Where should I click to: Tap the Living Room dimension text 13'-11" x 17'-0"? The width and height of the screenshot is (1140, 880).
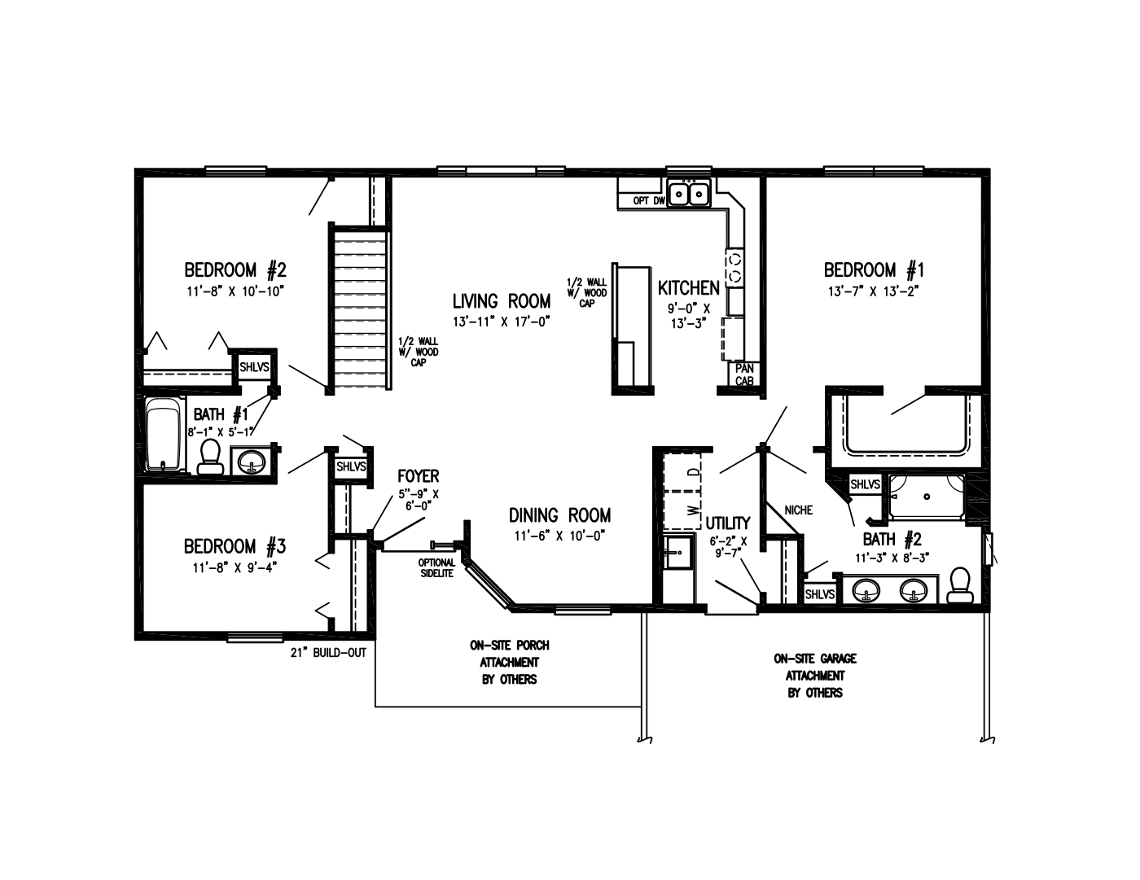pos(502,322)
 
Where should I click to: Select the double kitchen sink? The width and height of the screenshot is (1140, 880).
pos(689,195)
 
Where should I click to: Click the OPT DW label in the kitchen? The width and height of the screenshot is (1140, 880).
pos(649,200)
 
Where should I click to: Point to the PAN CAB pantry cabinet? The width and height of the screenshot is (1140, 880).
pos(744,374)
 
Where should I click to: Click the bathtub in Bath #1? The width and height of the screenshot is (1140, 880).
pos(164,435)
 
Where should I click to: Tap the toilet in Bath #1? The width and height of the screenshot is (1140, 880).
pos(210,458)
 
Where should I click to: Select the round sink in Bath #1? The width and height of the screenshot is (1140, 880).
pos(252,462)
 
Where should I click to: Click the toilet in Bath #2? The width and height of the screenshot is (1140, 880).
pos(961,585)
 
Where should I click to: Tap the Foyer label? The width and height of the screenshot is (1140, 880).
pos(418,476)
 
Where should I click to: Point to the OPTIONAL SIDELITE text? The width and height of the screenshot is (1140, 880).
pos(437,567)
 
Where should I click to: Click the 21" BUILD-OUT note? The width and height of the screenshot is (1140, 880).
pos(328,653)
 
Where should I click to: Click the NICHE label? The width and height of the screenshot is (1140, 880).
pos(798,510)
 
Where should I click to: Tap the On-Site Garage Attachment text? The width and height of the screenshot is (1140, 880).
pos(814,676)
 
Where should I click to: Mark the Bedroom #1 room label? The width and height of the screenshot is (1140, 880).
pos(874,269)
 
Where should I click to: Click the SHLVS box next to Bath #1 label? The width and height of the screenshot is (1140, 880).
pos(254,367)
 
